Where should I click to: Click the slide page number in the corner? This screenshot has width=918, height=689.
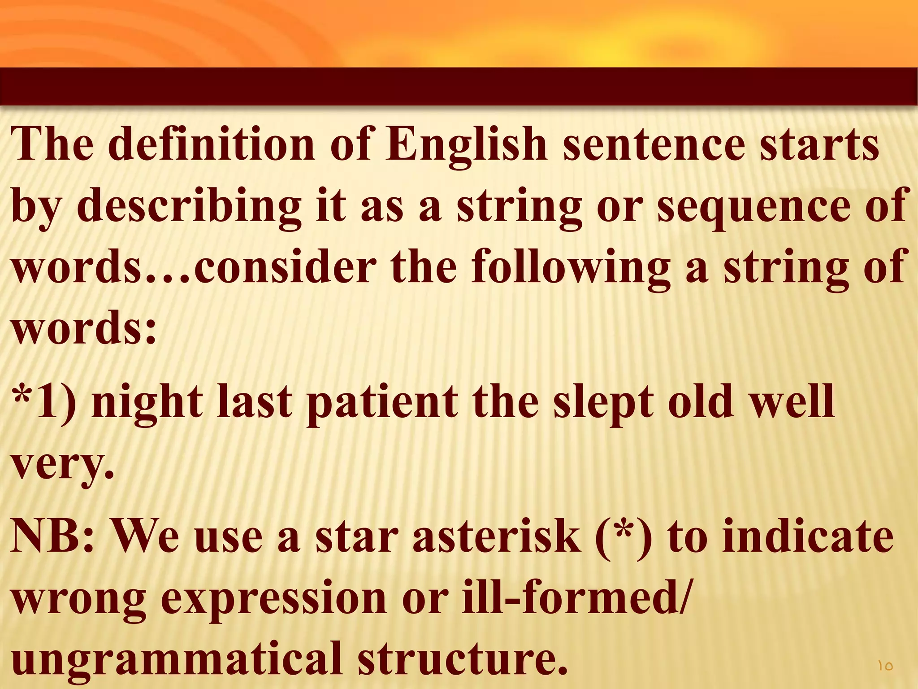tap(885, 666)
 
